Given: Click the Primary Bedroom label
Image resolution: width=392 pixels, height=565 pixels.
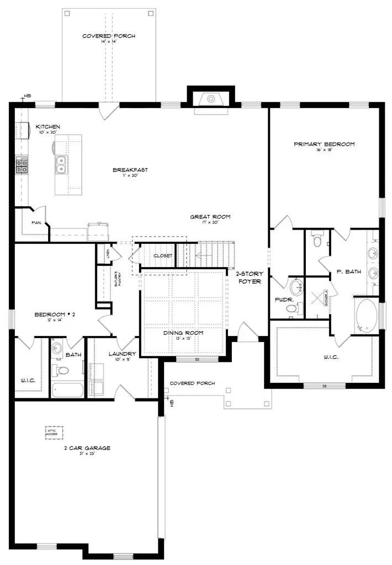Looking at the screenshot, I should click(324, 144).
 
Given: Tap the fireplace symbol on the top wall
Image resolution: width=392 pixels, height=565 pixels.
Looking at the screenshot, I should click(210, 99).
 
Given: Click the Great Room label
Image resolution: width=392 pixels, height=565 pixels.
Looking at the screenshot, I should click(210, 217).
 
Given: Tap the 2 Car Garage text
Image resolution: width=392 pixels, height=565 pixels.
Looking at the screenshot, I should click(86, 448).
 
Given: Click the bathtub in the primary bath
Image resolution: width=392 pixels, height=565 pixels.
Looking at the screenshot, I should click(366, 316).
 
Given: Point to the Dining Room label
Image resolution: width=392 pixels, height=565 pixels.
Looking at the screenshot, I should click(183, 333).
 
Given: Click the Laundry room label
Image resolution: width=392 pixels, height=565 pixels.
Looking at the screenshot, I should click(123, 354).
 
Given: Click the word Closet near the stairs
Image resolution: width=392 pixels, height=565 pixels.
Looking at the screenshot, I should click(163, 255).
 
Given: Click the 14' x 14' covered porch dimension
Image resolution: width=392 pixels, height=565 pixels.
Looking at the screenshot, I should click(108, 42).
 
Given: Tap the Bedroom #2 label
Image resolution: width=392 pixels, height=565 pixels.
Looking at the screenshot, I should click(54, 315).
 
